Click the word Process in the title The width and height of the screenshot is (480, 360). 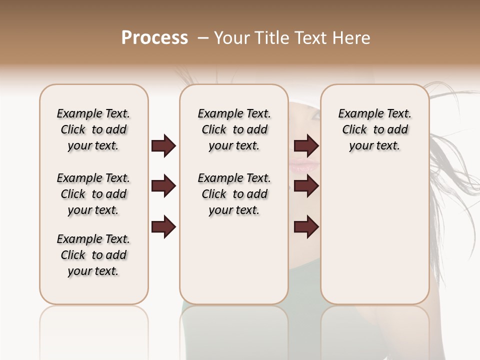tap(154, 38)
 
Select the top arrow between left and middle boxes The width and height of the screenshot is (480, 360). tap(163, 146)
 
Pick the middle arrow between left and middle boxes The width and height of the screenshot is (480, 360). tap(163, 186)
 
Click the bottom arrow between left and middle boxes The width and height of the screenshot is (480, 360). tap(163, 227)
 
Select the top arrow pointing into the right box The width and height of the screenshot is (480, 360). tap(306, 146)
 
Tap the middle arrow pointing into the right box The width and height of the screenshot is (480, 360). tap(306, 186)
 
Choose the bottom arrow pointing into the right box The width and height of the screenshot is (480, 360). tap(306, 227)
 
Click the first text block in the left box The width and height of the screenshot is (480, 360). tap(93, 129)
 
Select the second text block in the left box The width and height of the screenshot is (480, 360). tap(93, 194)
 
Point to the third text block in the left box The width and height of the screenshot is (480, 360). tap(93, 255)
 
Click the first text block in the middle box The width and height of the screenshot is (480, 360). tap(234, 129)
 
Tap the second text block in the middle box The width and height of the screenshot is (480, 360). tap(234, 194)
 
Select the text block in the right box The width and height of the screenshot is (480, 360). tap(374, 129)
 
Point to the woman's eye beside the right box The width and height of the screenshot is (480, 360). tap(315, 115)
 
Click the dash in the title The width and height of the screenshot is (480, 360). tap(203, 38)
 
